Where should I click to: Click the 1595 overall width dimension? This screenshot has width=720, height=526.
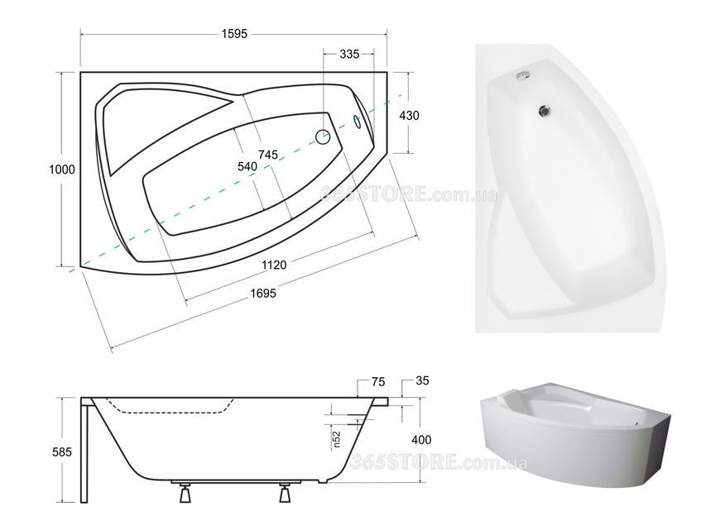click(234, 34)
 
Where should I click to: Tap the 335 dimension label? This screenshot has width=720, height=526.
click(349, 54)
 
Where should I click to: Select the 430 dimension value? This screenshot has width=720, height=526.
click(409, 116)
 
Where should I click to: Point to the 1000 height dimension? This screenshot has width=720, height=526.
click(62, 170)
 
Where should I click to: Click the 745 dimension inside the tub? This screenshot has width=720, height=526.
click(267, 155)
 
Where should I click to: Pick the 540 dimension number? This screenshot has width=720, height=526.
click(247, 166)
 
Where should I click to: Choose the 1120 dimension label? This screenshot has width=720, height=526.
click(274, 265)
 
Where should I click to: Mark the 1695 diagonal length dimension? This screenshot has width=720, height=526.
click(263, 294)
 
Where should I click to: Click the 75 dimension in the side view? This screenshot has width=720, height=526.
click(378, 382)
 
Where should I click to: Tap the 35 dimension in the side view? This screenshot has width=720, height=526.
click(421, 380)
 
